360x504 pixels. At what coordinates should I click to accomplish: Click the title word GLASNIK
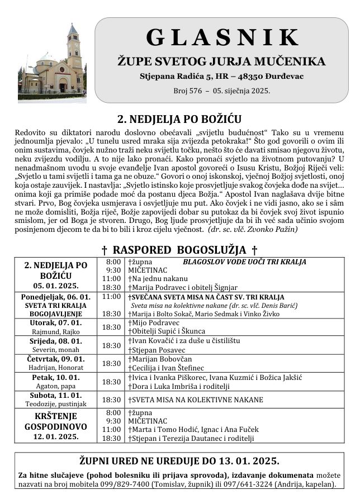[x=222, y=37]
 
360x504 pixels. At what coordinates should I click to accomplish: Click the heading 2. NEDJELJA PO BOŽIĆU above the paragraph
[x=179, y=119]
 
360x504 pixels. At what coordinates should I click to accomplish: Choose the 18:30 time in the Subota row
[x=112, y=400]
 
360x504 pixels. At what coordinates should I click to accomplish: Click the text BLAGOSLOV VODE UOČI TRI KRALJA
[x=244, y=261]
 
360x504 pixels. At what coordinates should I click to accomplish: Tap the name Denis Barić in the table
[x=282, y=306]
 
